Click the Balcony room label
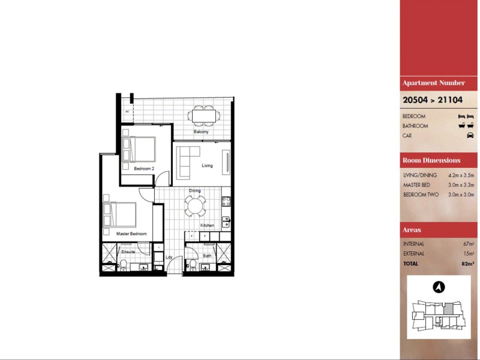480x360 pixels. coord(201,132)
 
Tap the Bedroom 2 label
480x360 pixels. coord(144,169)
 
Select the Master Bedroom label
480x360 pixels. coord(131,233)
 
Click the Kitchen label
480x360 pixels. coord(207,226)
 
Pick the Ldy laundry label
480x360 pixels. coord(169,258)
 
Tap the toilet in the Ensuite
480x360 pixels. coord(122,264)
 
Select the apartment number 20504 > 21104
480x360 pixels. coord(429,100)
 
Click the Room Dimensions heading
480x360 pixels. coord(431,160)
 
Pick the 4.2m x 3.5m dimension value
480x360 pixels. coord(461,175)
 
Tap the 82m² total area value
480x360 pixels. coord(468,263)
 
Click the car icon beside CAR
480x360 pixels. coord(470,136)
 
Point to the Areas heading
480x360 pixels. coord(412,230)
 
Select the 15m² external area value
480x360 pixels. coord(469,254)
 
